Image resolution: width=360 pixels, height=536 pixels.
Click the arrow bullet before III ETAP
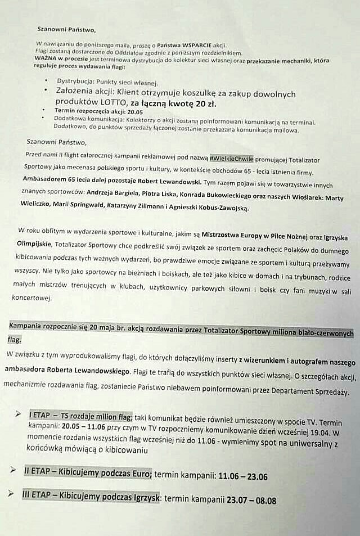point(12,494)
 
